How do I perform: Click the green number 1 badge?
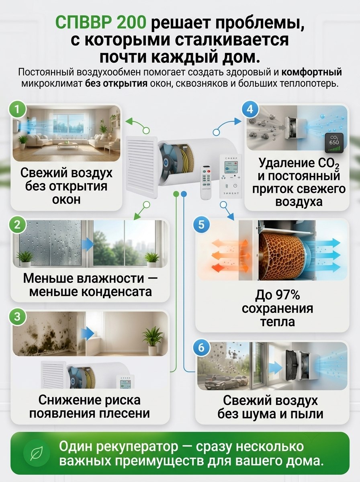click(17, 109)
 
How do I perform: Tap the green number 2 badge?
click(17, 225)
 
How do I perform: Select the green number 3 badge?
click(17, 317)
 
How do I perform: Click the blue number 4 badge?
click(250, 109)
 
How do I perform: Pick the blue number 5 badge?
click(201, 225)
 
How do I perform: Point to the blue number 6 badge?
click(201, 347)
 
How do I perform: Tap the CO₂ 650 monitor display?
click(334, 143)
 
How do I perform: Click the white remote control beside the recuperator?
click(206, 182)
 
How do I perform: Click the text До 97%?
click(277, 295)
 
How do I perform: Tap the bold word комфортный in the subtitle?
click(312, 72)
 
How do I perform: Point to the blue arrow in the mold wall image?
click(88, 334)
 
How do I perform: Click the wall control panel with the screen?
click(231, 176)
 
